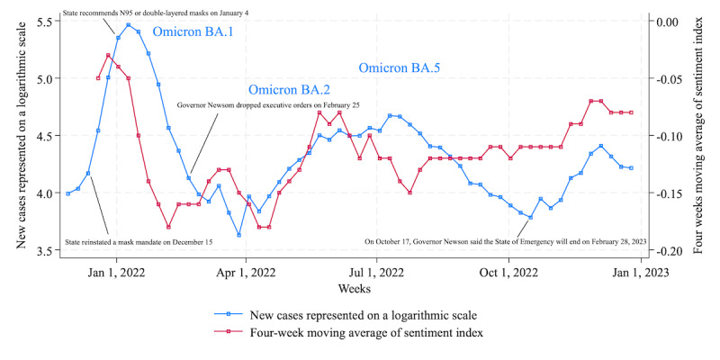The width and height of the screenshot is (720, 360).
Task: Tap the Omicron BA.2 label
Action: point(289,89)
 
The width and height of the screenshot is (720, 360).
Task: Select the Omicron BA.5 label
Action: point(400,68)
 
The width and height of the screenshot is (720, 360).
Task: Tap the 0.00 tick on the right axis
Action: point(671,22)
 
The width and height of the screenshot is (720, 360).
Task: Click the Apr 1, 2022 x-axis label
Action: point(246,273)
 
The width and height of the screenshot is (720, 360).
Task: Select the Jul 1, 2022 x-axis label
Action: point(376,273)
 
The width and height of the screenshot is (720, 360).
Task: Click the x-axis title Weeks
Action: point(355,289)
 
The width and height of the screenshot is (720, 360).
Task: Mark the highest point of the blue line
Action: point(128,25)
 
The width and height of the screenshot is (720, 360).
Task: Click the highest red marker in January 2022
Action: point(108,55)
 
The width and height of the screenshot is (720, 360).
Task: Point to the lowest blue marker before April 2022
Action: point(238,235)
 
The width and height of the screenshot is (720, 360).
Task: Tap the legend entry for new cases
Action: point(346,316)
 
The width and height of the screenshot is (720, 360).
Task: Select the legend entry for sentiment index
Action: point(348,333)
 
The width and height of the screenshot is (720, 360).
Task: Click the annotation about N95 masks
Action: point(156,13)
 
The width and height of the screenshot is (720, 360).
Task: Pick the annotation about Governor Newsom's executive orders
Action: point(268,105)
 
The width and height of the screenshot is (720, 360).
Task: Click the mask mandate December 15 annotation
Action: point(139,241)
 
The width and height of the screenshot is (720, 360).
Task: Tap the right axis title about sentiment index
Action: point(698,135)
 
